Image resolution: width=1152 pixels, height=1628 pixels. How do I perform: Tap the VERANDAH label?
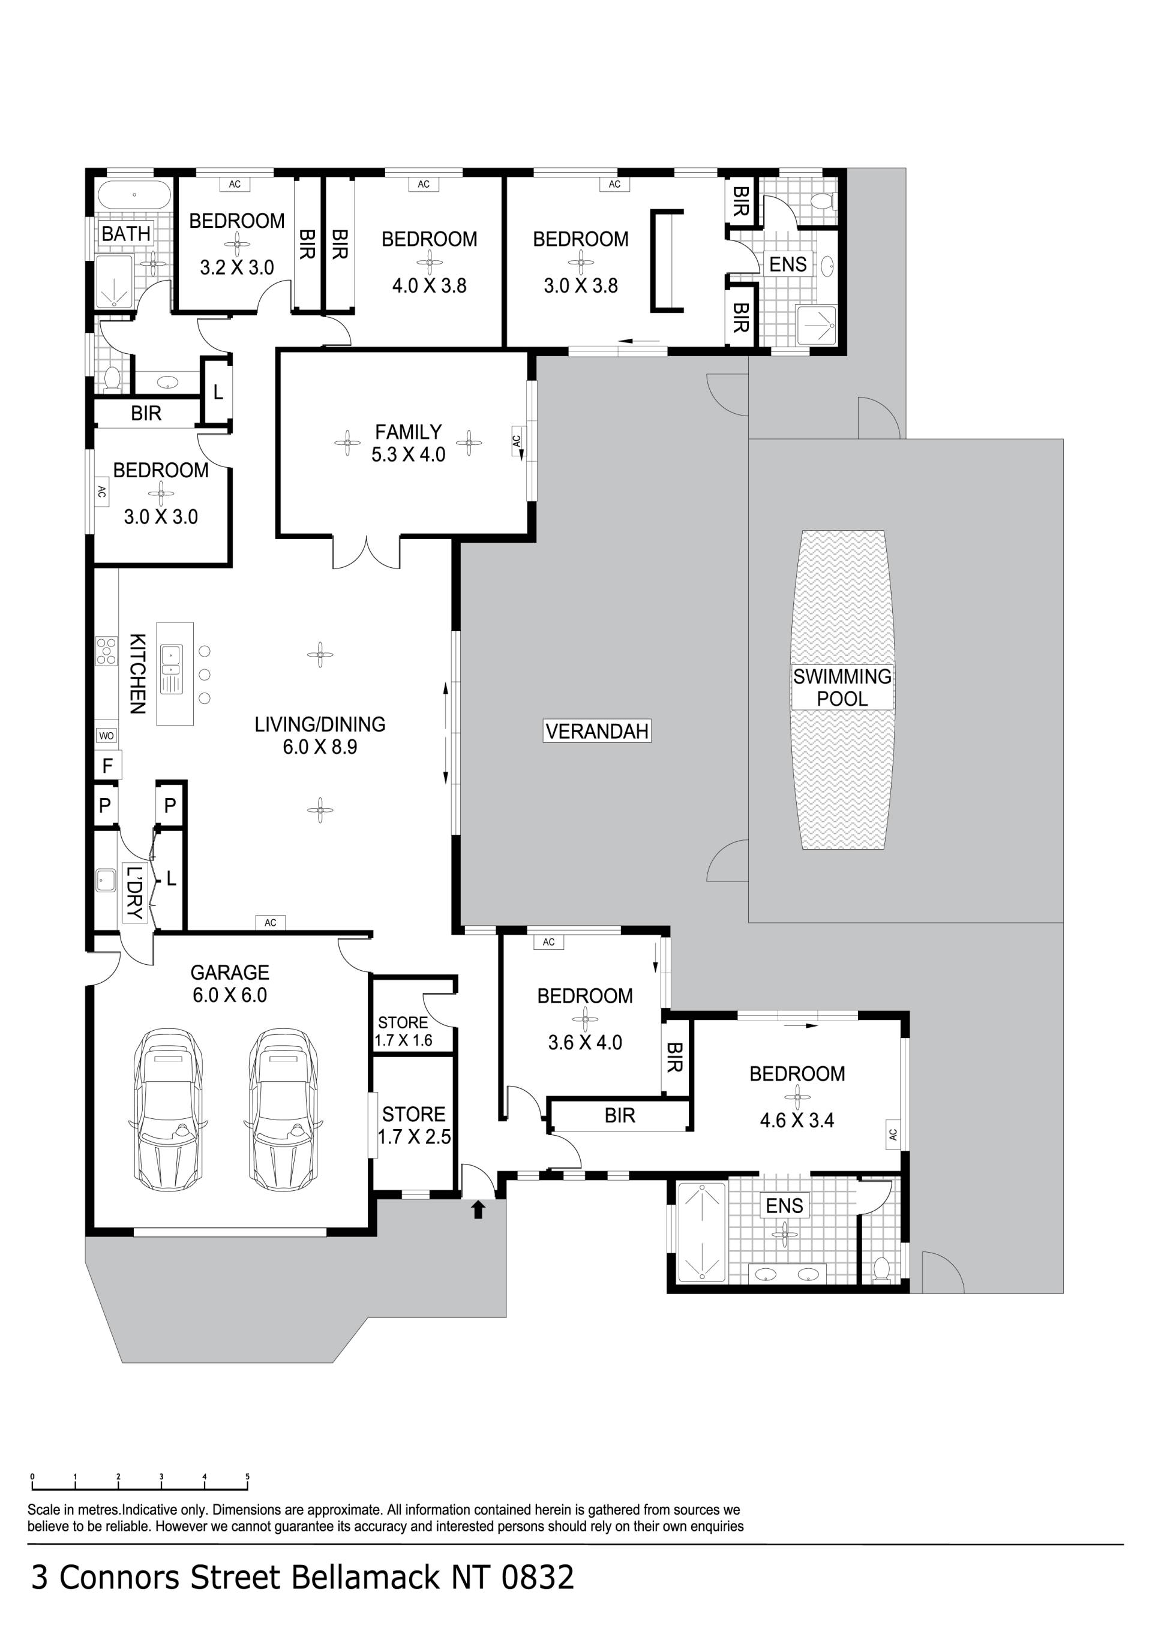pyautogui.click(x=596, y=731)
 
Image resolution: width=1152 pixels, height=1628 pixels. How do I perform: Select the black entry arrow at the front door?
pyautogui.click(x=478, y=1209)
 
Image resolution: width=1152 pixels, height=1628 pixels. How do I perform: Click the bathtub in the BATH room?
pyautogui.click(x=134, y=194)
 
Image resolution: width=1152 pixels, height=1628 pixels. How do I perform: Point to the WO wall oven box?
pyautogui.click(x=106, y=735)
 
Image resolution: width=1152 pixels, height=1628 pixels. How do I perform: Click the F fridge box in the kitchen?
pyautogui.click(x=108, y=765)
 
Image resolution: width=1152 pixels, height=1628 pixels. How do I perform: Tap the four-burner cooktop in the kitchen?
pyautogui.click(x=106, y=651)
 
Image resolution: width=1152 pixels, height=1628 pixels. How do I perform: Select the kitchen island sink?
pyautogui.click(x=171, y=668)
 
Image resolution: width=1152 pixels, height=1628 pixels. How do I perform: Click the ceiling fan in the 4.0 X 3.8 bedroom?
pyautogui.click(x=429, y=263)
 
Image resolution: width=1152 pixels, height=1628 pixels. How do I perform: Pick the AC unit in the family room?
pyautogui.click(x=517, y=443)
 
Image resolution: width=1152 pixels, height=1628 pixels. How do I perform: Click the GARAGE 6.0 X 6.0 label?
pyautogui.click(x=230, y=983)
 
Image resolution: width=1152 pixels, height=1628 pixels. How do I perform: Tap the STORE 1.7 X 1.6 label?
pyautogui.click(x=403, y=1032)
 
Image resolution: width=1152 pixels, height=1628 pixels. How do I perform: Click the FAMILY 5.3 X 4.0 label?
pyautogui.click(x=408, y=443)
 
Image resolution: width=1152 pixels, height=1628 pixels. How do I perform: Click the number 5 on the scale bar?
pyautogui.click(x=248, y=1477)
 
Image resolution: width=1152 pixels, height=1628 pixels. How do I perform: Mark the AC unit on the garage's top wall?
pyautogui.click(x=270, y=922)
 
